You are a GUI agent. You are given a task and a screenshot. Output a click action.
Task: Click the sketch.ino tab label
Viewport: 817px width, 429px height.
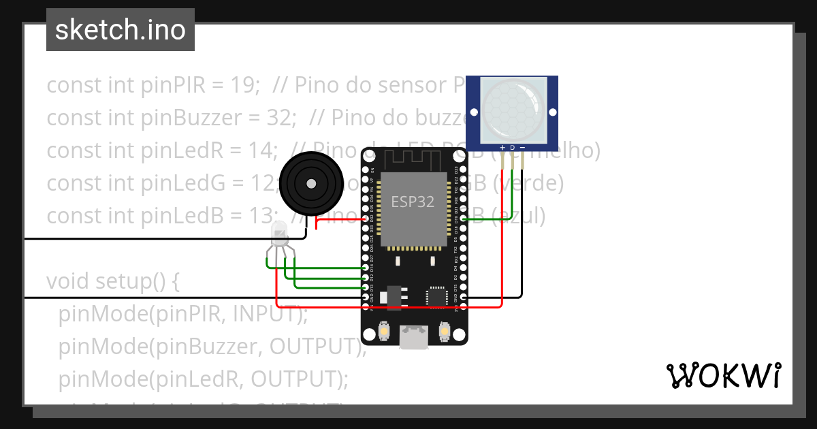pyautogui.click(x=121, y=30)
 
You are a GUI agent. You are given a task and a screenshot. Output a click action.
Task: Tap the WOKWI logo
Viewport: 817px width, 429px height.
pyautogui.click(x=723, y=376)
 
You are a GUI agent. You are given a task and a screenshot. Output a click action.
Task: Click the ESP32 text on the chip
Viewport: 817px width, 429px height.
pyautogui.click(x=413, y=202)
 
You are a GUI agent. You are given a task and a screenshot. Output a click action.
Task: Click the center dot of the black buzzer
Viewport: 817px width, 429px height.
pyautogui.click(x=311, y=183)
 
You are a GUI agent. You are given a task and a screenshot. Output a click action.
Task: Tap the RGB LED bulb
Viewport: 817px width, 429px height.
pyautogui.click(x=280, y=234)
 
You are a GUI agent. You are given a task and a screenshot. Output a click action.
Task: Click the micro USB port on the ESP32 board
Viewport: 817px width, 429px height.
pyautogui.click(x=414, y=336)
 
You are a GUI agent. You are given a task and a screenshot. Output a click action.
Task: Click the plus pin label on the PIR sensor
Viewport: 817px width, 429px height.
pyautogui.click(x=502, y=147)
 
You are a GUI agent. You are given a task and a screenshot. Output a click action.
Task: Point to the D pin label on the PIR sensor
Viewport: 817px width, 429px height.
pyautogui.click(x=513, y=147)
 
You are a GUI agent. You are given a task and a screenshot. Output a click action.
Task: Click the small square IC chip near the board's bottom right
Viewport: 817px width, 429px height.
pyautogui.click(x=436, y=298)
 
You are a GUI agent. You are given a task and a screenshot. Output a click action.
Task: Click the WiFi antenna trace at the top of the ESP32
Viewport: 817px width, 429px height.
pyautogui.click(x=413, y=161)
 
